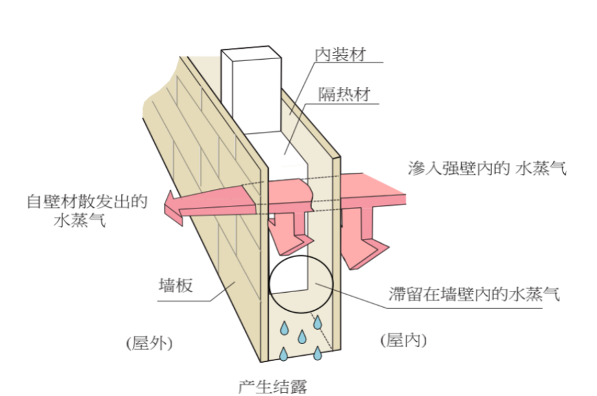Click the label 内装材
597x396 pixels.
tap(340, 55)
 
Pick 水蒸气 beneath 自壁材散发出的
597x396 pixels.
tap(81, 221)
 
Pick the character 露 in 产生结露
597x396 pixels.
tap(298, 386)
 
